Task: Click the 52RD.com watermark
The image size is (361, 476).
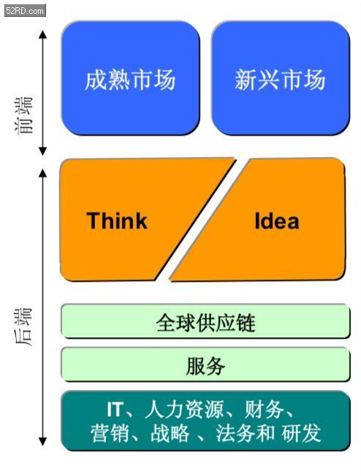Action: [x=25, y=11]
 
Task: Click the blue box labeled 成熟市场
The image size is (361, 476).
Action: [x=130, y=78]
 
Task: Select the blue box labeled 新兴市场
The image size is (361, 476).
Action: [x=280, y=78]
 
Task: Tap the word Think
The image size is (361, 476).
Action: [x=117, y=220]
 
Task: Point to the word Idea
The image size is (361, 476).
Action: [x=277, y=220]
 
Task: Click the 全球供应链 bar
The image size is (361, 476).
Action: [x=205, y=321]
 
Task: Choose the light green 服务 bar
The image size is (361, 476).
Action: [x=205, y=364]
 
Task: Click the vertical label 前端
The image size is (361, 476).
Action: [x=23, y=115]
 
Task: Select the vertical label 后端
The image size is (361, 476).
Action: [x=23, y=327]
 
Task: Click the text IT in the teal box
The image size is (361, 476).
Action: [x=115, y=410]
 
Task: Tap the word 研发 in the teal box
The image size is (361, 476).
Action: [x=301, y=433]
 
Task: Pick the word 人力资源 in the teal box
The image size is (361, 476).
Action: [x=184, y=410]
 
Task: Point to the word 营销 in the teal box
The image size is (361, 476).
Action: [x=110, y=433]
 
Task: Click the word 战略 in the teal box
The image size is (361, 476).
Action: [x=170, y=433]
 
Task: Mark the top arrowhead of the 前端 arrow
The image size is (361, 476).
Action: [x=42, y=34]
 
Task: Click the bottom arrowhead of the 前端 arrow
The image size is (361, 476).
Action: [x=42, y=151]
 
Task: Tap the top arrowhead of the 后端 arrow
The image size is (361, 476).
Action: [x=42, y=173]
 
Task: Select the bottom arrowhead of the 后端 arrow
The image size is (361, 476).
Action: [x=42, y=442]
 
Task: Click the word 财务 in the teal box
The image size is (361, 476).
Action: [x=265, y=410]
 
